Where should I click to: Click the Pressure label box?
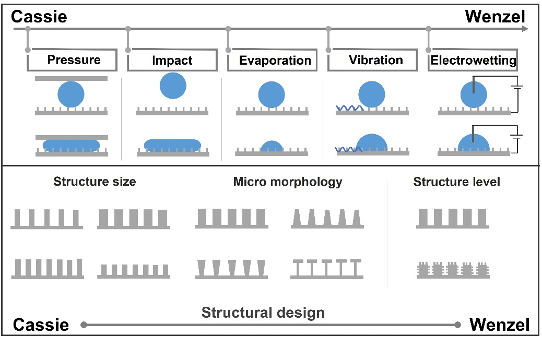74,60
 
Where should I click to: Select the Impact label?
172,61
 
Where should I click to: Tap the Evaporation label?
275,61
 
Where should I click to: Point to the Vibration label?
375,60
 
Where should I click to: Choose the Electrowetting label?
473,61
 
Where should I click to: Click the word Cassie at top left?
39,17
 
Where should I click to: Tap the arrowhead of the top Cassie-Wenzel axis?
524,29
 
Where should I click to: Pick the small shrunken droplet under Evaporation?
271,147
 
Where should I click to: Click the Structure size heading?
95,182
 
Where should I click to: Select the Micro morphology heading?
288,182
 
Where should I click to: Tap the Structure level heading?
456,182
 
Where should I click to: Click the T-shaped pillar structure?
327,269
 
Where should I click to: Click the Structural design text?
263,313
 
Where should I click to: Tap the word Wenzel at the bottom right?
499,325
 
